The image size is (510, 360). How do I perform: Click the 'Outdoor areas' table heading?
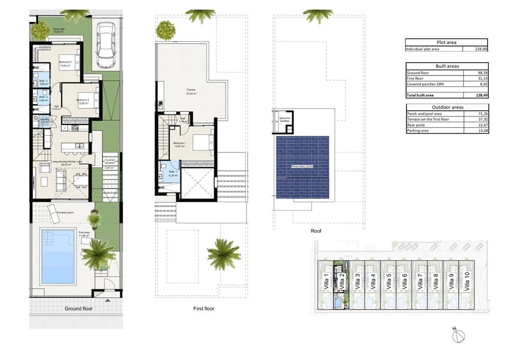447,107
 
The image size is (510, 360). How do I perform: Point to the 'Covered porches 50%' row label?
425,84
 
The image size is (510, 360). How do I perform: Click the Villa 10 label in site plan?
467,282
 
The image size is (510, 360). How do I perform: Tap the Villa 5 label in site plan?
389,282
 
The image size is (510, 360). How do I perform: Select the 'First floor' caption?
204,309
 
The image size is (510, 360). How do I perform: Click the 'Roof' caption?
316,231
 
